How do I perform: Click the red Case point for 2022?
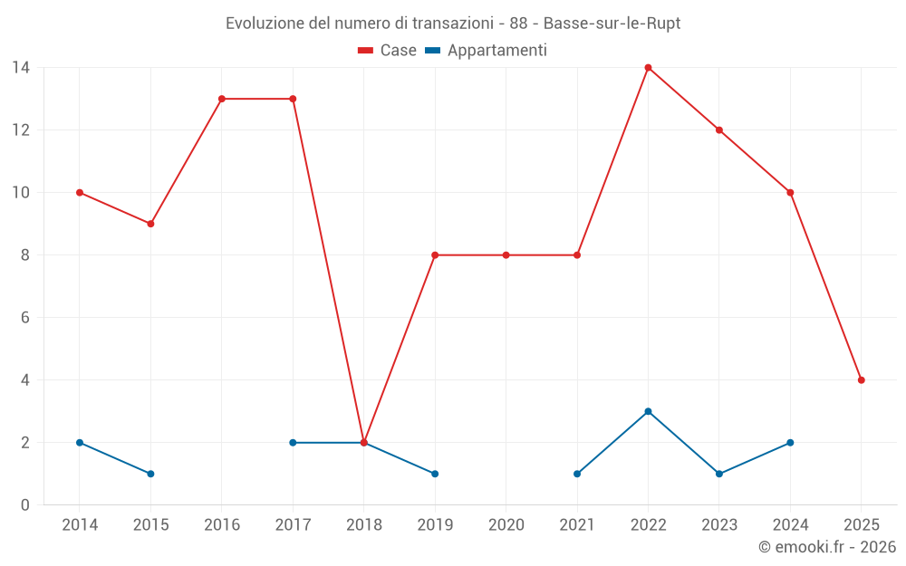tap(648, 67)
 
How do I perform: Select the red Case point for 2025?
tap(861, 380)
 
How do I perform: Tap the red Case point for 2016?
tap(221, 99)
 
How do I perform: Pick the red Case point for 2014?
tap(80, 192)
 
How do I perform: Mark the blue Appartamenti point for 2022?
tap(648, 411)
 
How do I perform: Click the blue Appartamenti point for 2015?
tap(150, 474)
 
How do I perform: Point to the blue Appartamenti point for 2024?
tap(790, 443)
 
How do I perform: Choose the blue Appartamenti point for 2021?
tap(577, 474)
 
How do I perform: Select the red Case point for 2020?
tap(506, 255)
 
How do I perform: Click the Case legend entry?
tap(388, 51)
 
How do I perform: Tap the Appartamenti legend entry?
tap(487, 51)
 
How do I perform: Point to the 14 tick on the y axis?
tap(21, 67)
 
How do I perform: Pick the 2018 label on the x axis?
tap(363, 525)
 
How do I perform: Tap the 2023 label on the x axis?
tap(718, 525)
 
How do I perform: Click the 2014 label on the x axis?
tap(80, 525)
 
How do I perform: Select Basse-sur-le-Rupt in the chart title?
tap(612, 23)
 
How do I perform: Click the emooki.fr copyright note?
tap(826, 547)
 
